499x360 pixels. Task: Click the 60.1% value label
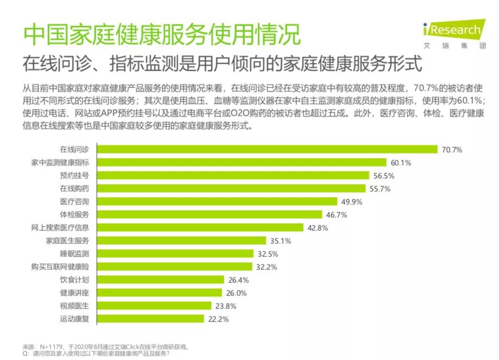(x=401, y=162)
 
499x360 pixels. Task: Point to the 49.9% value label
(x=352, y=201)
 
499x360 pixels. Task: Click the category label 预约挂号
(x=74, y=175)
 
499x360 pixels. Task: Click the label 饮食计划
(x=74, y=280)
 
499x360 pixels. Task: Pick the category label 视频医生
(x=74, y=306)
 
